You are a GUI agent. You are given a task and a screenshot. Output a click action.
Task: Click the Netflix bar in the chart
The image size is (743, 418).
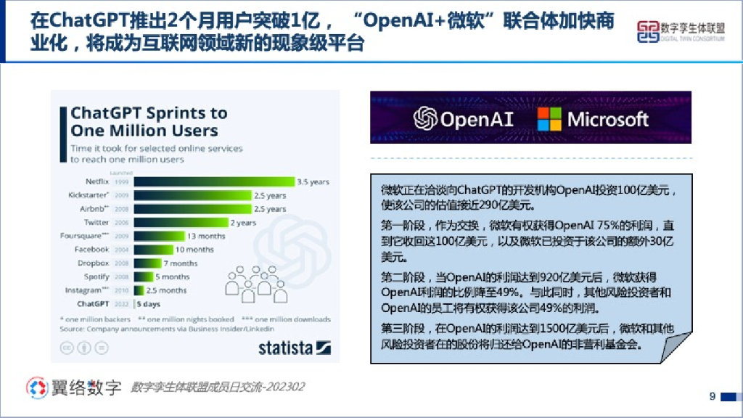pos(214,181)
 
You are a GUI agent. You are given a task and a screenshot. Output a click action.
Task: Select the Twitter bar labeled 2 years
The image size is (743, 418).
pos(181,223)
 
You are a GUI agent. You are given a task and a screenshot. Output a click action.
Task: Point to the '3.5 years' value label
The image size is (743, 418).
pos(313,181)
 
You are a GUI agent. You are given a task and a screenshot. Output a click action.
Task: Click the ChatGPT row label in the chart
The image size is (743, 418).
pos(93,304)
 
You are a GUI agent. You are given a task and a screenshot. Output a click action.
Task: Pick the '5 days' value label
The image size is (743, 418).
pos(148,304)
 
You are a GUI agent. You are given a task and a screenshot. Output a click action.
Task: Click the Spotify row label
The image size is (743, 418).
pos(97,276)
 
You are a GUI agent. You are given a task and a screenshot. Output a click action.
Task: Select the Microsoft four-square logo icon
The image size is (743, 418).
pos(549,119)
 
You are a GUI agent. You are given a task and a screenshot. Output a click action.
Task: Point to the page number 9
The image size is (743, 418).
pos(712,396)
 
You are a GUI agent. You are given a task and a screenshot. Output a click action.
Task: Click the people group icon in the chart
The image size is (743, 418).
pos(250,283)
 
